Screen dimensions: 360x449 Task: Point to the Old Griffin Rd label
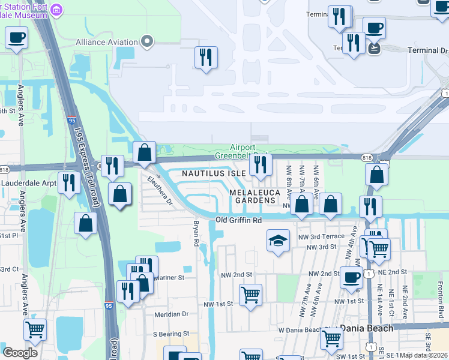click(239, 220)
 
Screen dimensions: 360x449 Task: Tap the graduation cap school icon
click(278, 241)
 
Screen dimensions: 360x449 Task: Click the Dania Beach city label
click(366, 328)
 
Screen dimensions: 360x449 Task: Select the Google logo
click(20, 352)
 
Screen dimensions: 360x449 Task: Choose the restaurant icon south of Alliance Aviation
click(206, 57)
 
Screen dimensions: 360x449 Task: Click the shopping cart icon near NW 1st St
click(250, 295)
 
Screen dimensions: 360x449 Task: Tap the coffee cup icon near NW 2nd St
click(351, 277)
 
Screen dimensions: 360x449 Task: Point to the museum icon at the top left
click(57, 10)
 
